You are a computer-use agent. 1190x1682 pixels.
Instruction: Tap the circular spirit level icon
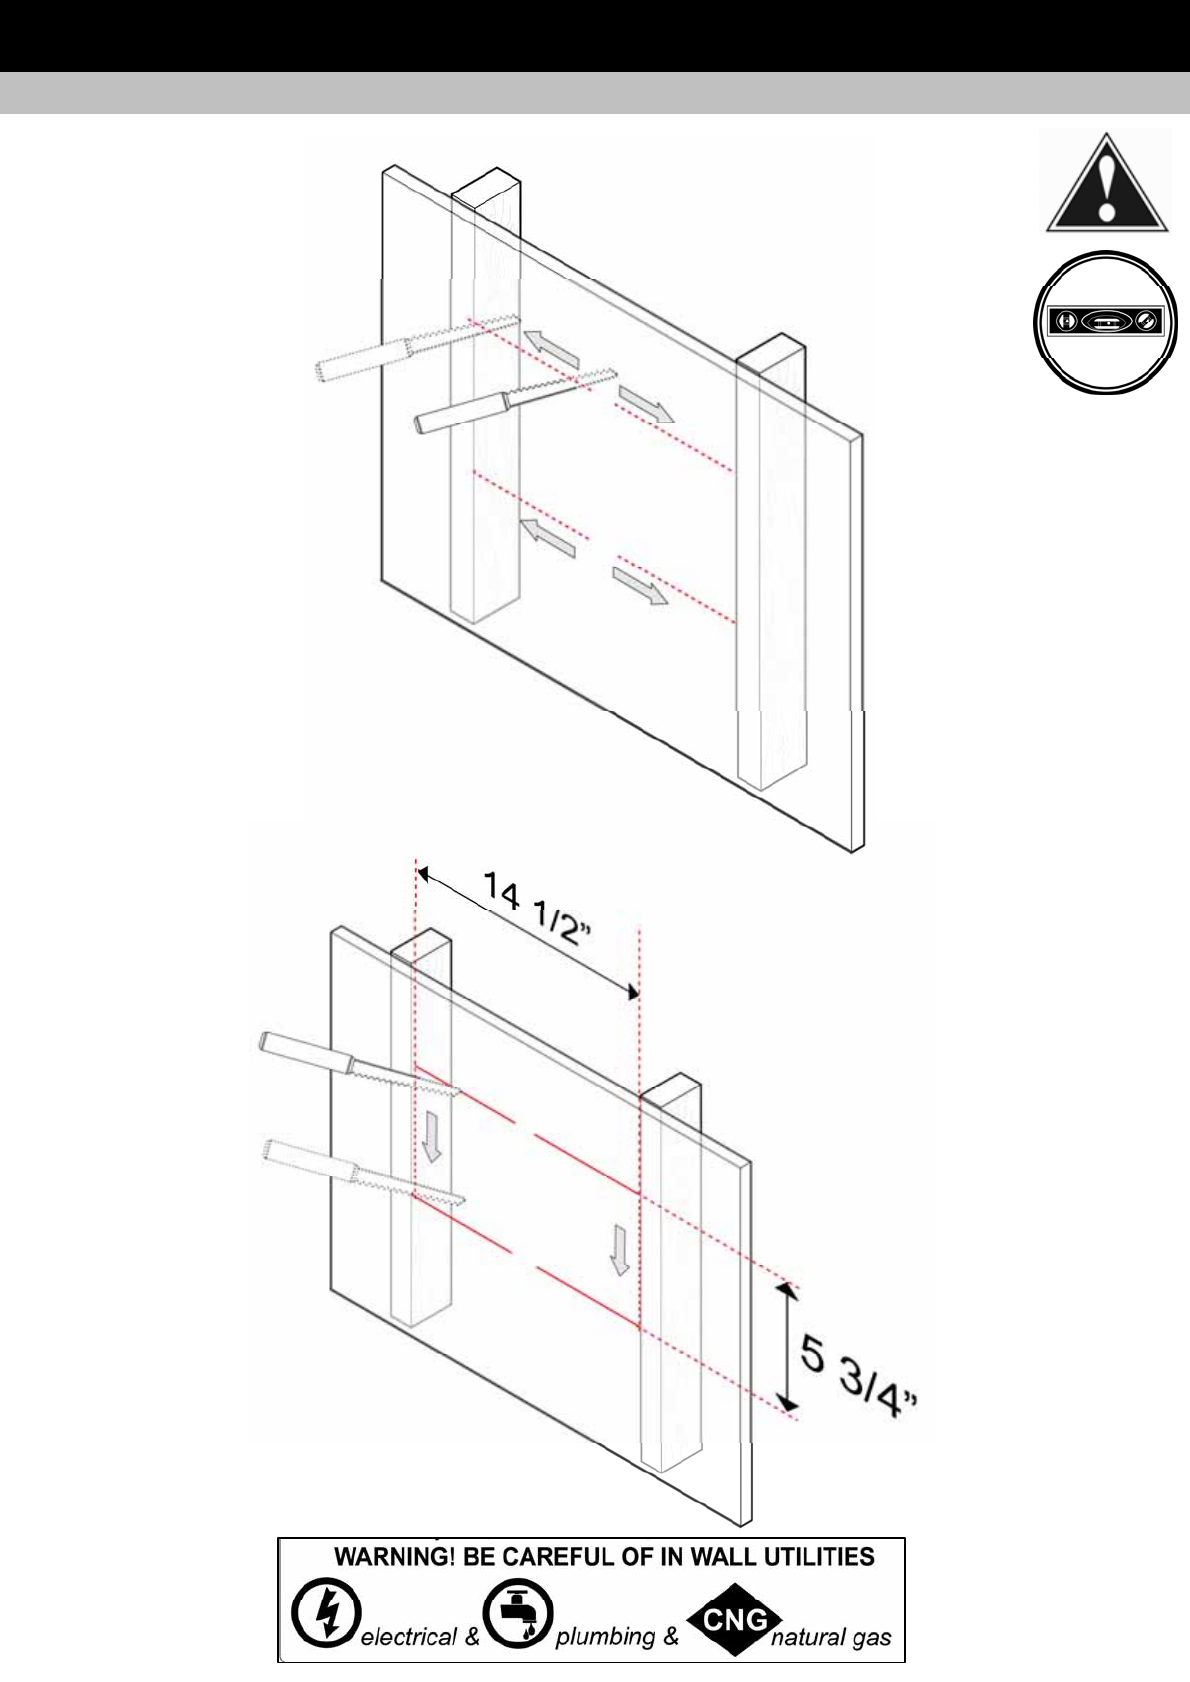point(1106,322)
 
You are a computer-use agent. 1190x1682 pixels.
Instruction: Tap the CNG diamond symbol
point(735,1614)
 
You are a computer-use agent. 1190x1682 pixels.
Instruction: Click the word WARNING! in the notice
point(395,1557)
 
